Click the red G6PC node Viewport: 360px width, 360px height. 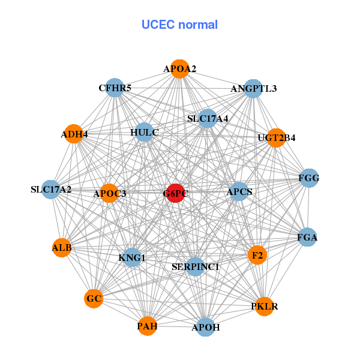(x=175, y=193)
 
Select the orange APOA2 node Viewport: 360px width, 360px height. (x=179, y=69)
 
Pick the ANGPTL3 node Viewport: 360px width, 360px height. (x=253, y=89)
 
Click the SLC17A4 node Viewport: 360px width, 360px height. (x=208, y=118)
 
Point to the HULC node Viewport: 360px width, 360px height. (x=144, y=131)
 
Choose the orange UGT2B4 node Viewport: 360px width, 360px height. (x=276, y=137)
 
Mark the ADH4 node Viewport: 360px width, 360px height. (x=74, y=134)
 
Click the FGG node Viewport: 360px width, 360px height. (x=308, y=178)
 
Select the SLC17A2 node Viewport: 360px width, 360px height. (x=51, y=190)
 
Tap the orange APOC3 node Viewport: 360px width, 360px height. (x=109, y=193)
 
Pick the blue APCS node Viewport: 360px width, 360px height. (x=239, y=192)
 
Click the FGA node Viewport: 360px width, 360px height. (x=307, y=237)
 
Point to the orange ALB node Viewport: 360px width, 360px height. (x=62, y=247)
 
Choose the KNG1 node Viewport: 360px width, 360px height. (x=132, y=258)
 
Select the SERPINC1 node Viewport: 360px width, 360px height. (x=195, y=266)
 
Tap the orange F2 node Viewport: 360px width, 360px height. (x=257, y=255)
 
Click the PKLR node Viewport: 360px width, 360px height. (x=264, y=307)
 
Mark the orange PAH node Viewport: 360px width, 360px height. (x=147, y=326)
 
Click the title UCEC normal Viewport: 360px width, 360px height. (x=179, y=25)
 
